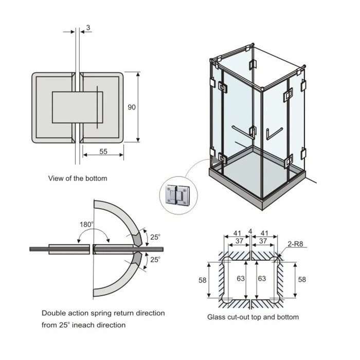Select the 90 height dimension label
(132, 107)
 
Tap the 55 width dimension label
(103, 152)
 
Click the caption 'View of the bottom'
(78, 178)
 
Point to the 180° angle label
(87, 224)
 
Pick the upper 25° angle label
(155, 237)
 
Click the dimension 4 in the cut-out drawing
(249, 231)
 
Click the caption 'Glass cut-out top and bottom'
(253, 317)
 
